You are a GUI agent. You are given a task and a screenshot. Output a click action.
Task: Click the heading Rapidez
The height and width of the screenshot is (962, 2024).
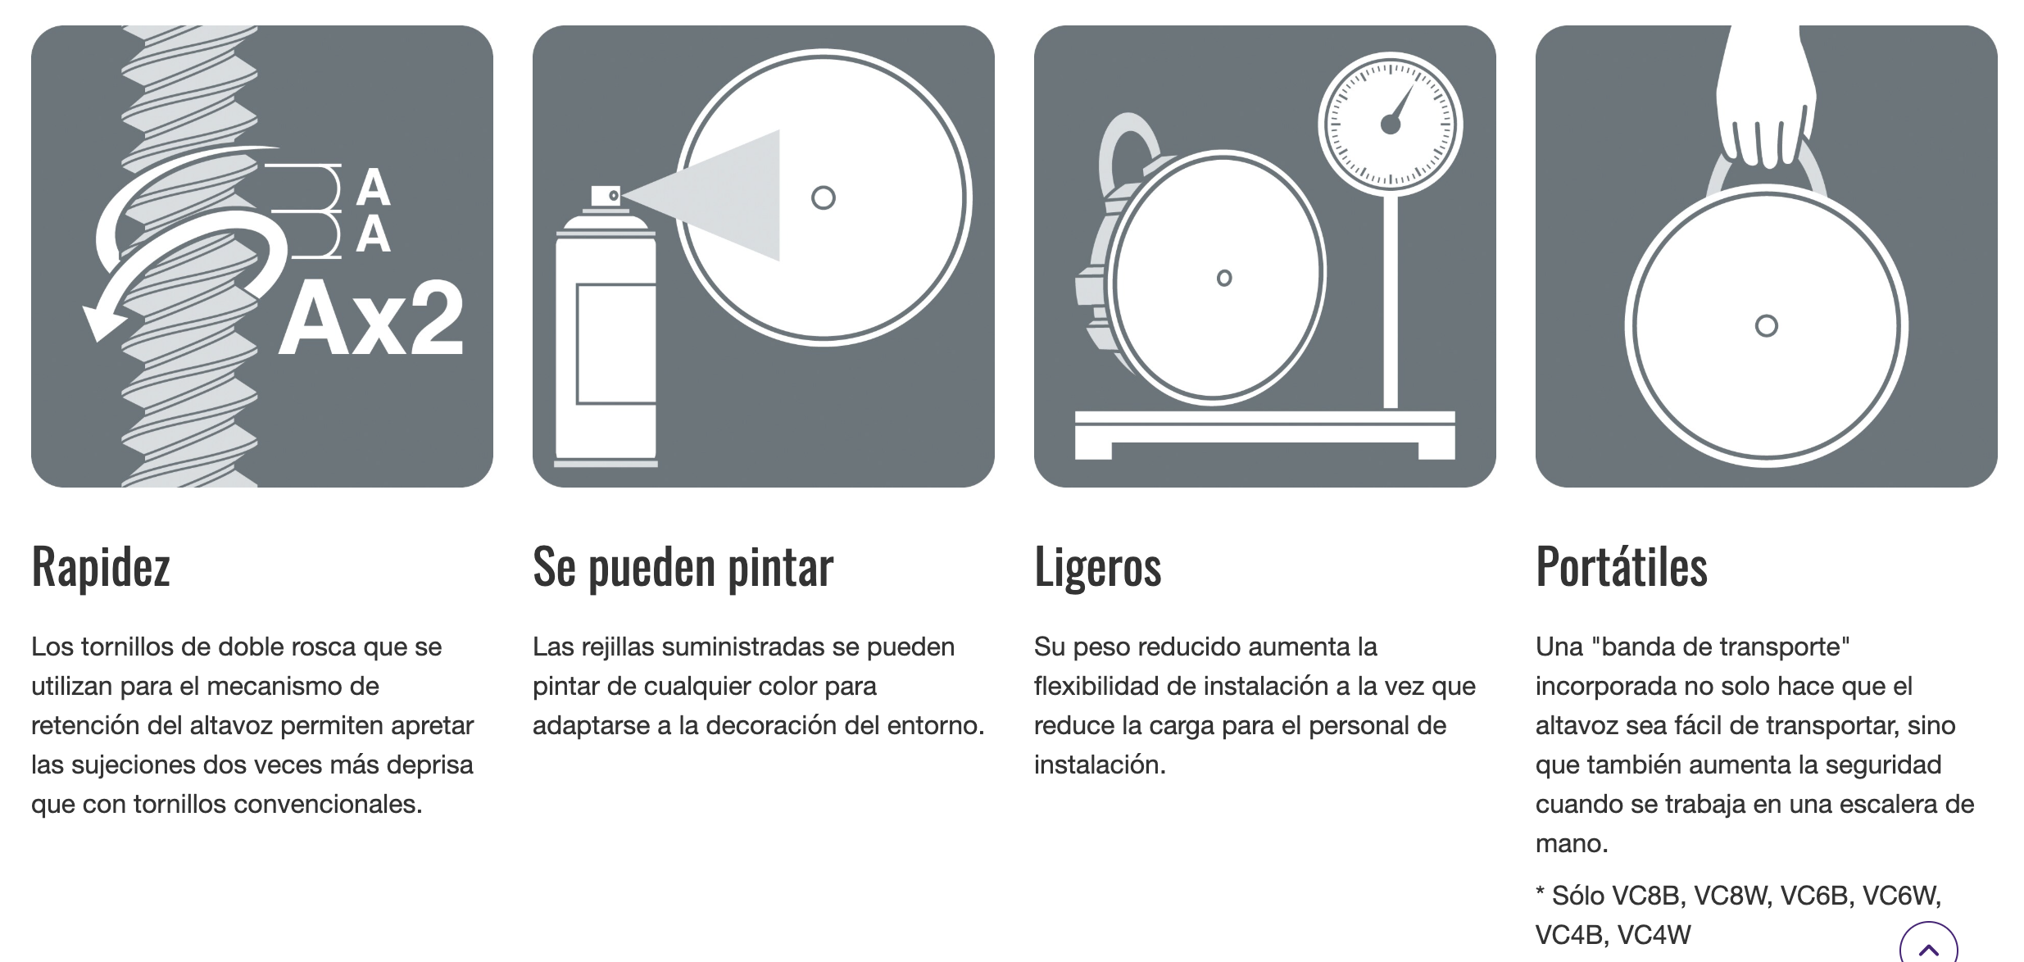tap(101, 566)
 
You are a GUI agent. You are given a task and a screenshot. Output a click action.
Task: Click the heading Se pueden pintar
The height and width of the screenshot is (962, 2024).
tap(683, 566)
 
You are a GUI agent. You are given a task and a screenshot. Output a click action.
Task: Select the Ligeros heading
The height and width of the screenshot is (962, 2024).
tap(1097, 566)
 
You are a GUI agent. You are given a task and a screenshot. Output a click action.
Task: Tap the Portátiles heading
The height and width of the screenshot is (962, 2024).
tap(1622, 565)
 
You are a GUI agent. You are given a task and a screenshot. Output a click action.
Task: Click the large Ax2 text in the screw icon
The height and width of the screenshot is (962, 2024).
tap(371, 318)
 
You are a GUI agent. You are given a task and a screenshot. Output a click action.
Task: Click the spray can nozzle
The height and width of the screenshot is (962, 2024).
tap(606, 197)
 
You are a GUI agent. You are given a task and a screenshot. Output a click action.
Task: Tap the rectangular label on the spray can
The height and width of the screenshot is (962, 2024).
tap(616, 344)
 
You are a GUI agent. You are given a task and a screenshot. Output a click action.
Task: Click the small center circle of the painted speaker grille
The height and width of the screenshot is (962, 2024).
tap(823, 197)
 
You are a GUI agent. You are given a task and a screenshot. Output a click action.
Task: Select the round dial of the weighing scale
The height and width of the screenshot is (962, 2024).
tap(1391, 125)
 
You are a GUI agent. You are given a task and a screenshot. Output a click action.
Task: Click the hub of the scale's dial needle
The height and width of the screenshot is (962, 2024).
tap(1391, 125)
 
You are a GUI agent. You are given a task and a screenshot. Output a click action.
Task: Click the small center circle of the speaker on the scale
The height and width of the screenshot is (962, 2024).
tap(1224, 278)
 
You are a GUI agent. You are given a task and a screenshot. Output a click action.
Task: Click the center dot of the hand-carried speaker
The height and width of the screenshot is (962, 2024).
tap(1766, 326)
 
